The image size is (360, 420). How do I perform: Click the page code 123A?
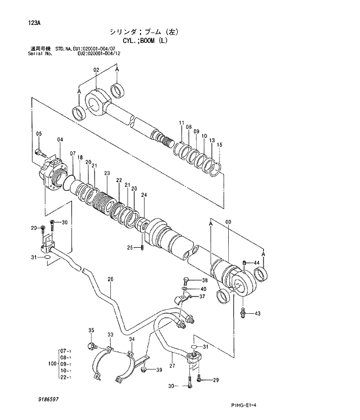click(x=33, y=23)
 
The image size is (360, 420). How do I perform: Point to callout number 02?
click(x=96, y=70)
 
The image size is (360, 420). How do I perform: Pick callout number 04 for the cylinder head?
click(x=60, y=140)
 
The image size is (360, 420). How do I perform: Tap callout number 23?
click(x=107, y=173)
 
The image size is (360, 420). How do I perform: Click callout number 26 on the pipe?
click(x=110, y=280)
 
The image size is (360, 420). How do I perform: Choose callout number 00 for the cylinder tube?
click(x=228, y=222)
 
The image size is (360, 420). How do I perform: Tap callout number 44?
click(x=256, y=263)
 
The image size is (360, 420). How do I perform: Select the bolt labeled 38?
click(x=186, y=280)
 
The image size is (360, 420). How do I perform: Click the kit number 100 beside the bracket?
click(x=51, y=364)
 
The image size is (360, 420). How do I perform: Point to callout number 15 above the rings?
click(x=219, y=144)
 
